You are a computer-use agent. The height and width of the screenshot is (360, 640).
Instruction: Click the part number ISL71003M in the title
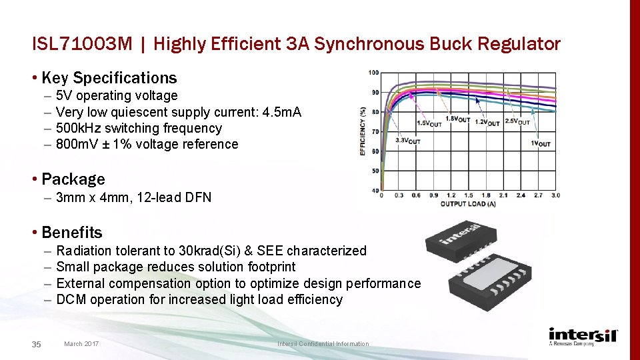(x=82, y=45)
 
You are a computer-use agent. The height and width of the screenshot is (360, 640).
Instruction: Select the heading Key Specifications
(x=109, y=78)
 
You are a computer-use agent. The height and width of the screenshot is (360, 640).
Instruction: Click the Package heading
(x=73, y=179)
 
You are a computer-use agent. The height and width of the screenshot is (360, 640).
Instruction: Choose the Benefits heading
(x=71, y=233)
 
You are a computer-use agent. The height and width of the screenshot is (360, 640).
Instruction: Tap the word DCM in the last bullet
(x=71, y=299)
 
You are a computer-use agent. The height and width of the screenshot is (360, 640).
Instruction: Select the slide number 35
(x=37, y=344)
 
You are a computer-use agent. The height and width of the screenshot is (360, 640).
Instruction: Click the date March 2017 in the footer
(x=81, y=344)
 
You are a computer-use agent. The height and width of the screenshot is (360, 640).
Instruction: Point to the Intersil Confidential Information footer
(x=323, y=344)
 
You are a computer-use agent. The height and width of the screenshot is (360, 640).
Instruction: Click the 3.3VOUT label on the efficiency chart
(x=408, y=141)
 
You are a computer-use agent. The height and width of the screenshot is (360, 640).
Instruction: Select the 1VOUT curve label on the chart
(x=541, y=144)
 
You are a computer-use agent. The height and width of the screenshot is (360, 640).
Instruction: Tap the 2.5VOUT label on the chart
(x=518, y=121)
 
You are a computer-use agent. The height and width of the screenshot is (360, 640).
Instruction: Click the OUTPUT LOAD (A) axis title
(x=467, y=204)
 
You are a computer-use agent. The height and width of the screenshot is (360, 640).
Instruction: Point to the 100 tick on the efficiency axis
(x=373, y=73)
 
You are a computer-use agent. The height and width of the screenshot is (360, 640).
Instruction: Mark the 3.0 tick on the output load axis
(x=555, y=195)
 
